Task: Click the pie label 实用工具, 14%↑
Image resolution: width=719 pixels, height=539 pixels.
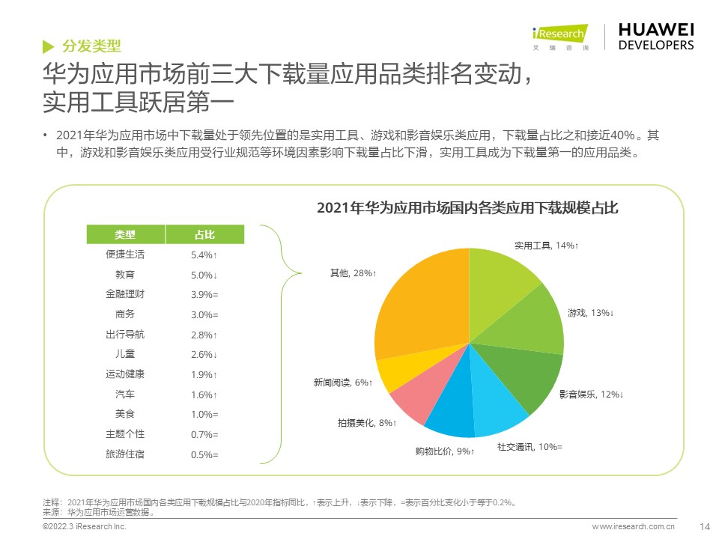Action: [546, 246]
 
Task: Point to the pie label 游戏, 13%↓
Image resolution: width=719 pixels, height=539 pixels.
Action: [590, 312]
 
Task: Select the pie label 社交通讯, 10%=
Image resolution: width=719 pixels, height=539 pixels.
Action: [530, 447]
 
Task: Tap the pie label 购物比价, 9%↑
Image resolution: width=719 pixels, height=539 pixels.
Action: [445, 451]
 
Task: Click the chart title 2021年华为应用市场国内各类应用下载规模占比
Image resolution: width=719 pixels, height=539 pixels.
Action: [467, 208]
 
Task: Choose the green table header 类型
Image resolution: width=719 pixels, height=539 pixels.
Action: [125, 234]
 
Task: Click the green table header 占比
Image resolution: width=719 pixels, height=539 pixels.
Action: [204, 234]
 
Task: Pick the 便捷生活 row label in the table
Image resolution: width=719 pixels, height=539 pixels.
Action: [125, 255]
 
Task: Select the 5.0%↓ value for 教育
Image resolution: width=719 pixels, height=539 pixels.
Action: [204, 275]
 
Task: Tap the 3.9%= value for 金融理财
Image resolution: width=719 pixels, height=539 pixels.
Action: [204, 294]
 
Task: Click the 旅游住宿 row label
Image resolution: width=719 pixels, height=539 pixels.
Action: [125, 454]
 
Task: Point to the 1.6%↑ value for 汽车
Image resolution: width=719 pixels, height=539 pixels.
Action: [204, 395]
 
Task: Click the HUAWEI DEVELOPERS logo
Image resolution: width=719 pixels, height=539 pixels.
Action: [656, 36]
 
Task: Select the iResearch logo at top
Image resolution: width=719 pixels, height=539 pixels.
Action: [559, 36]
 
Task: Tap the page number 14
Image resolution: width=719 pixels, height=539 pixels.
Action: [704, 526]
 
